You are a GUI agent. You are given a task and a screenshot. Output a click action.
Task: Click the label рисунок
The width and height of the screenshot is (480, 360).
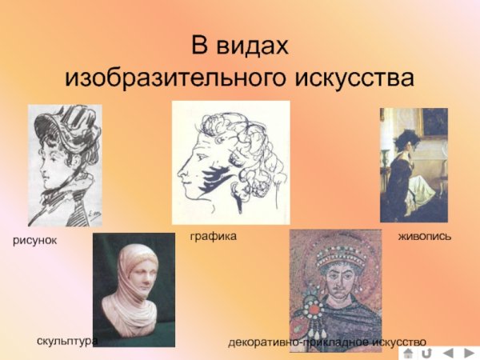(x=34, y=240)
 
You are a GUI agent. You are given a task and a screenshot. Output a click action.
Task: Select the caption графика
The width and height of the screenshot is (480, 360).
(x=213, y=237)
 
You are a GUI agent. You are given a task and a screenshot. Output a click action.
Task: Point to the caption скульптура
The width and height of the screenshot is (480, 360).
(x=67, y=341)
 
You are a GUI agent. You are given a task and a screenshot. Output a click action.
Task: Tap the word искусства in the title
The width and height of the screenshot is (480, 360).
(x=355, y=78)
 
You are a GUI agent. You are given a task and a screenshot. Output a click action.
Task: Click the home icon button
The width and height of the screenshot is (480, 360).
(x=408, y=352)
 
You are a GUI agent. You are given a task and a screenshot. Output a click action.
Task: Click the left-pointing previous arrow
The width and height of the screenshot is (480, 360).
(x=448, y=352)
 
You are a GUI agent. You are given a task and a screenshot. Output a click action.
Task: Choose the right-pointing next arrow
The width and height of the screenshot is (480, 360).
(x=469, y=352)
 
